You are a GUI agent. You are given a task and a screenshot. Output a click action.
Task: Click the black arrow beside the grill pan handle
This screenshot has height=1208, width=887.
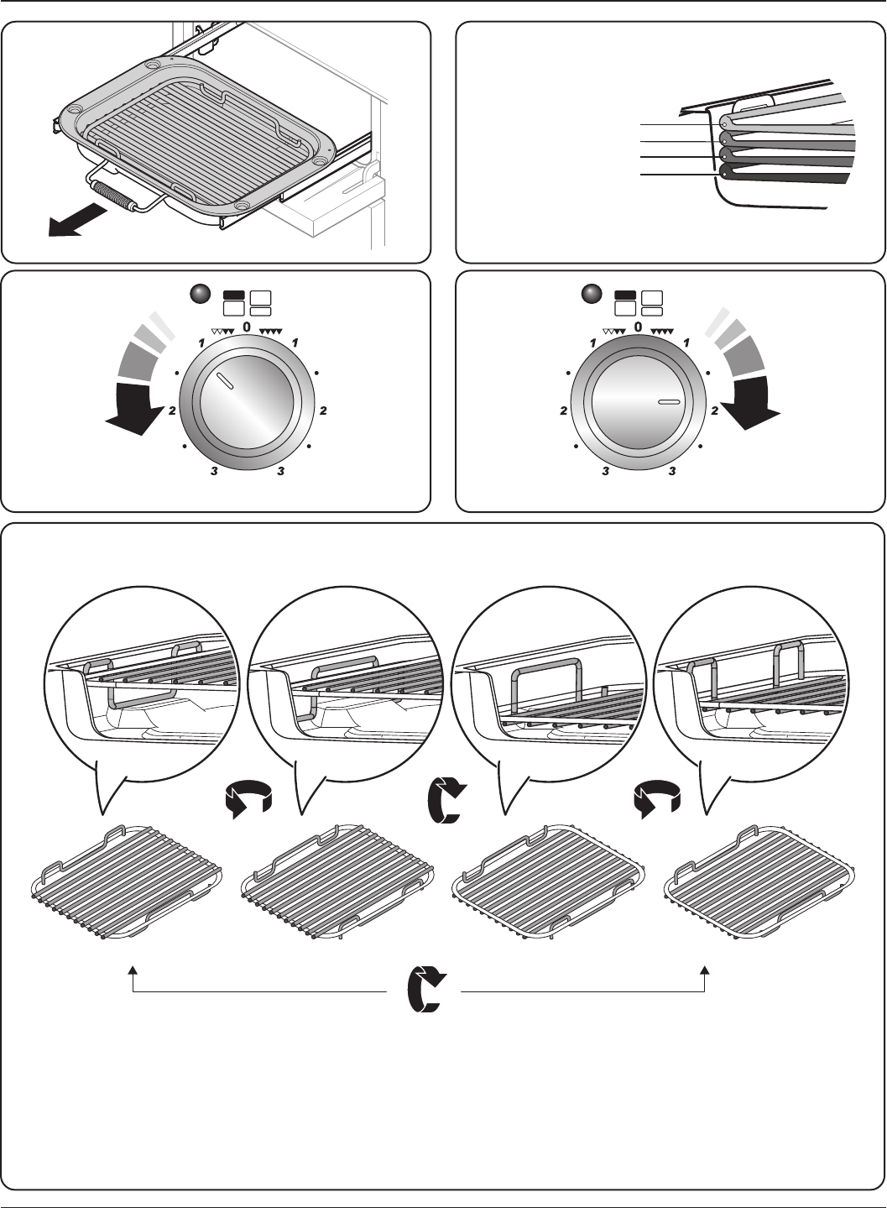click(76, 221)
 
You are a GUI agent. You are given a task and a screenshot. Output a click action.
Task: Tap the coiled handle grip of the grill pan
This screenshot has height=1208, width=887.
click(114, 196)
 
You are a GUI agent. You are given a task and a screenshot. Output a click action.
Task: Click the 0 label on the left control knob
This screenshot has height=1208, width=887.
click(247, 327)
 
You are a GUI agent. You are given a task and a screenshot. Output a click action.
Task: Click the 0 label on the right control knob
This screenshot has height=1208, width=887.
click(639, 327)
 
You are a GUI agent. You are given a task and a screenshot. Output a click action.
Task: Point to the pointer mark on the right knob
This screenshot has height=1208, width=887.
click(669, 402)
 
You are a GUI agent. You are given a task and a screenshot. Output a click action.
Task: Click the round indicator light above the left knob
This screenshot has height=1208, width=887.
click(200, 295)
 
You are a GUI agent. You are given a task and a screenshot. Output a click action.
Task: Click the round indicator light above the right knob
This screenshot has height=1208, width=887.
click(592, 294)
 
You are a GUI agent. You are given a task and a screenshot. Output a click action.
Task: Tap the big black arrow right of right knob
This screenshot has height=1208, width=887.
click(750, 403)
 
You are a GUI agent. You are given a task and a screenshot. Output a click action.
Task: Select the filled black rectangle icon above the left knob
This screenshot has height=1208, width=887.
click(233, 295)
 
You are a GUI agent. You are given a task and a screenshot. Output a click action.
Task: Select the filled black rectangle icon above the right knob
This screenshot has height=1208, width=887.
click(625, 295)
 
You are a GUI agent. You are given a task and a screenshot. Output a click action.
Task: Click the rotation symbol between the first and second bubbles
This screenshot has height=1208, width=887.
click(248, 800)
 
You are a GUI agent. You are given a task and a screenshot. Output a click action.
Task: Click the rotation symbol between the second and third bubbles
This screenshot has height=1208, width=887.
click(447, 800)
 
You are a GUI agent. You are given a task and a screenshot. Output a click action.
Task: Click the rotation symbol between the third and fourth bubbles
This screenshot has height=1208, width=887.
click(657, 800)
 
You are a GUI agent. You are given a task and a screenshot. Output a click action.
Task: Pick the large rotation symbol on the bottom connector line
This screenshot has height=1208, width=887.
click(426, 990)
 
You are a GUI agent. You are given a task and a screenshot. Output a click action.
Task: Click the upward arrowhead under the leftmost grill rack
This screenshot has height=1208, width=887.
click(133, 970)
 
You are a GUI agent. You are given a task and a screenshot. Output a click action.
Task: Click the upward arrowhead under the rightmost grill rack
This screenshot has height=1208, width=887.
click(705, 970)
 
